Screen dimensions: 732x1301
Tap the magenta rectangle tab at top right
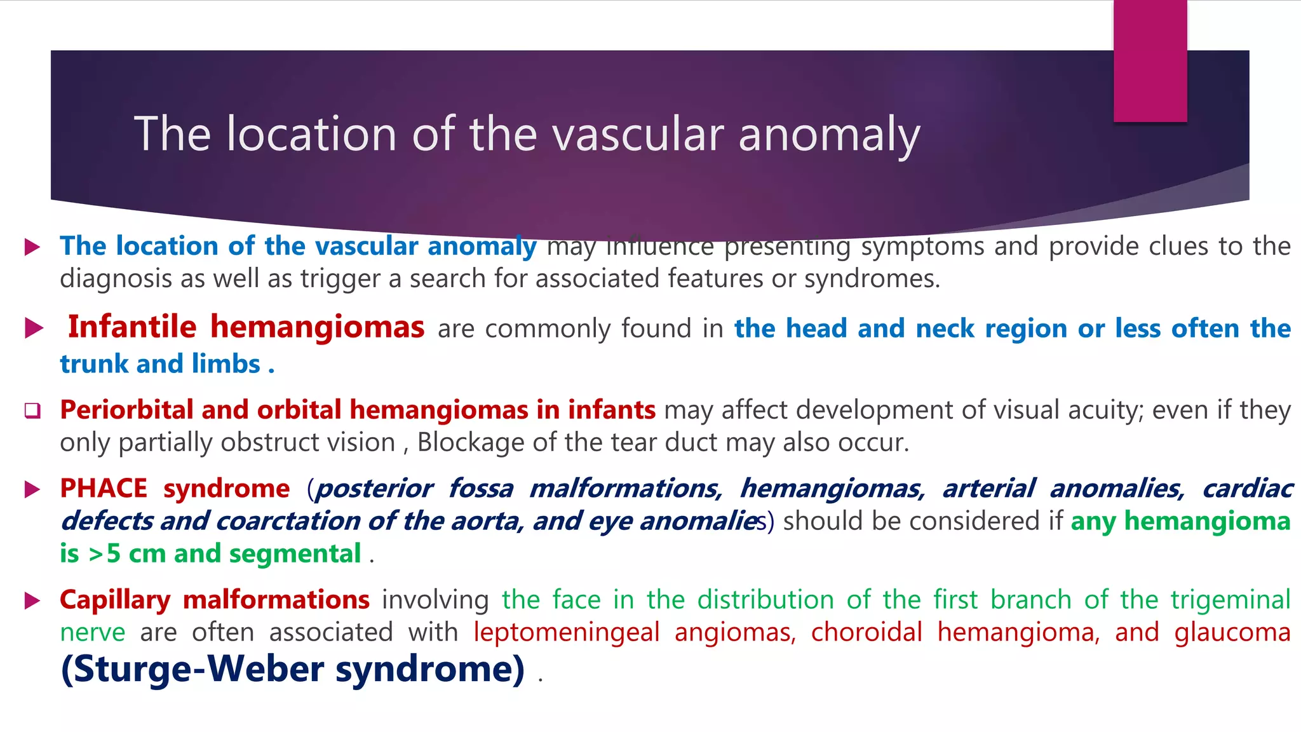(1150, 60)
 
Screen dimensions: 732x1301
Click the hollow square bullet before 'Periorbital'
(32, 411)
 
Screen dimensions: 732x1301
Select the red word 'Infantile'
(132, 327)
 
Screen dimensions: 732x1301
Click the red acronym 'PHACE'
(103, 489)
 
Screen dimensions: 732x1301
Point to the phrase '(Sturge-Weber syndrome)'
(293, 669)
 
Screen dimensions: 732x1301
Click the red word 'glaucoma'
(1232, 633)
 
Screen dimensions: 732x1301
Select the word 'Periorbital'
(126, 410)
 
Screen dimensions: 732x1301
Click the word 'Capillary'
(115, 600)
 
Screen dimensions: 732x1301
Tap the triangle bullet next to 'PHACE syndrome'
(32, 489)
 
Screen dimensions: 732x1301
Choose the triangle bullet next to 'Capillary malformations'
(32, 600)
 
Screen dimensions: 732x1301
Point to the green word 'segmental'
(295, 554)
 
